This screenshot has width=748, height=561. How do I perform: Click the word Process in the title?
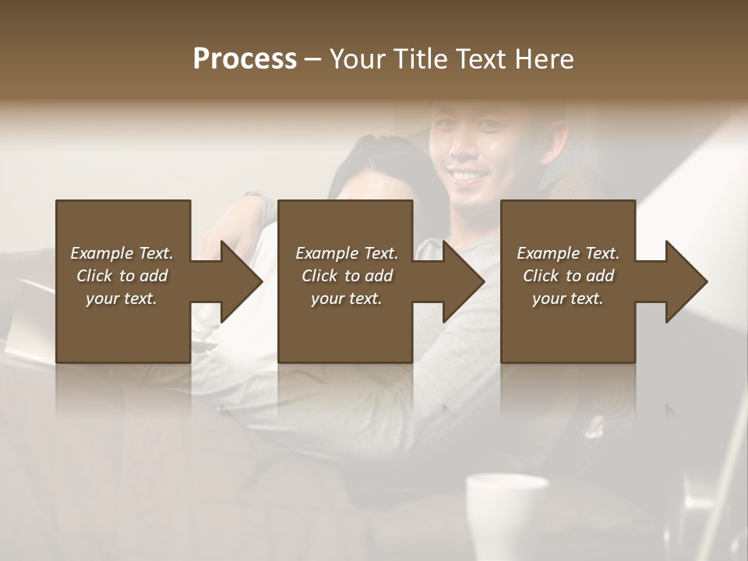pos(245,59)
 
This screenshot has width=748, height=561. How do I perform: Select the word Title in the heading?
pos(418,59)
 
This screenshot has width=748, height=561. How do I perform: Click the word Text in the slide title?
pos(482,59)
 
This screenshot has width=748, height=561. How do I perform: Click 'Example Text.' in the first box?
pos(122,253)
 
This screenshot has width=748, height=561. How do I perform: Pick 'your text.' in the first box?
pos(122,298)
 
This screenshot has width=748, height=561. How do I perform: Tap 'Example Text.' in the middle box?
pos(347,253)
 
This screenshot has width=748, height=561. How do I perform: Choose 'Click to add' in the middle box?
pos(347,276)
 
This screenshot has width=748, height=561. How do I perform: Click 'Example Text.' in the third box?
pos(568,253)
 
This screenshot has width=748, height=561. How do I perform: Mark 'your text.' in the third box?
pos(568,298)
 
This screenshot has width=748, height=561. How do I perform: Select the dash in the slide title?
pos(312,60)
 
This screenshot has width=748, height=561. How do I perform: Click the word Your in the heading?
pos(355,59)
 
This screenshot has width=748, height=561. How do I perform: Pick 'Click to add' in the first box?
pos(122,276)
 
